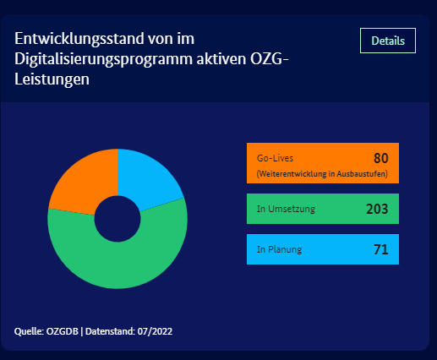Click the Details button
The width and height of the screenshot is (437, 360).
(x=388, y=41)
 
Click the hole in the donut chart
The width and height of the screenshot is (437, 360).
(x=117, y=219)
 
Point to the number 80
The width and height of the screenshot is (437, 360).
(x=381, y=158)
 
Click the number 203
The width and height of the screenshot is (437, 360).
(x=377, y=209)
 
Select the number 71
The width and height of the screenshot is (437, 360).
(x=381, y=249)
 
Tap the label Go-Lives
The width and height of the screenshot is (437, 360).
(x=275, y=158)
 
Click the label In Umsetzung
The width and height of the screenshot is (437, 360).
(x=286, y=209)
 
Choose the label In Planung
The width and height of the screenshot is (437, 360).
(x=279, y=249)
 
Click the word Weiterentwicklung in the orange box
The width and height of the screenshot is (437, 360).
(x=292, y=174)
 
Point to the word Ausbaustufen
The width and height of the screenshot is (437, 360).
(x=361, y=174)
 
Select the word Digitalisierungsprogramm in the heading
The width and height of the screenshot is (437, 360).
(x=103, y=59)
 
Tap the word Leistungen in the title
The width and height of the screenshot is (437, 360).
(x=52, y=79)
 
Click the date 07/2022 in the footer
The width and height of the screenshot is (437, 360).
(x=155, y=331)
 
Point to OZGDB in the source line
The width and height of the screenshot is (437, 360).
(x=63, y=331)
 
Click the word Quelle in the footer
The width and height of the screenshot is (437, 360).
(x=29, y=331)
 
